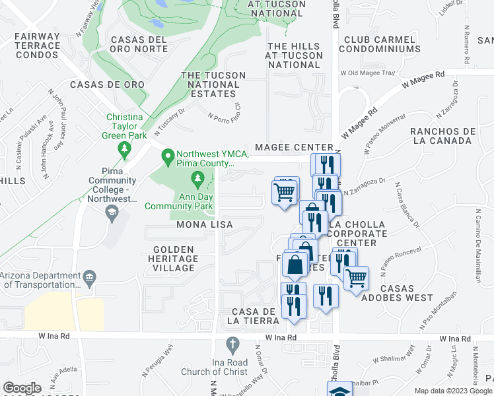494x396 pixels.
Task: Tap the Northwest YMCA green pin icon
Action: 168,156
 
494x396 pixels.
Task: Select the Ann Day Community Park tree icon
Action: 197,178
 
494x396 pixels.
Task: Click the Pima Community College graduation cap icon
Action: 112,211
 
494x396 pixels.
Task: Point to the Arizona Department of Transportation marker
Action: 90,276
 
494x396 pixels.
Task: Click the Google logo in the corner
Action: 22,388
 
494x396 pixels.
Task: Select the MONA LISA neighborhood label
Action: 204,225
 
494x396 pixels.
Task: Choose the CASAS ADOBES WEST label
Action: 406,293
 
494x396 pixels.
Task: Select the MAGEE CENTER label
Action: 291,147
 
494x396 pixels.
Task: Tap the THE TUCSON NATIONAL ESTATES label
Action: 213,84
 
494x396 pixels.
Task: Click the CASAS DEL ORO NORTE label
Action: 139,44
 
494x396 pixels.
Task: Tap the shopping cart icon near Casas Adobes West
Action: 357,277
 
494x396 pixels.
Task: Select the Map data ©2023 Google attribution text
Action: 453,390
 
